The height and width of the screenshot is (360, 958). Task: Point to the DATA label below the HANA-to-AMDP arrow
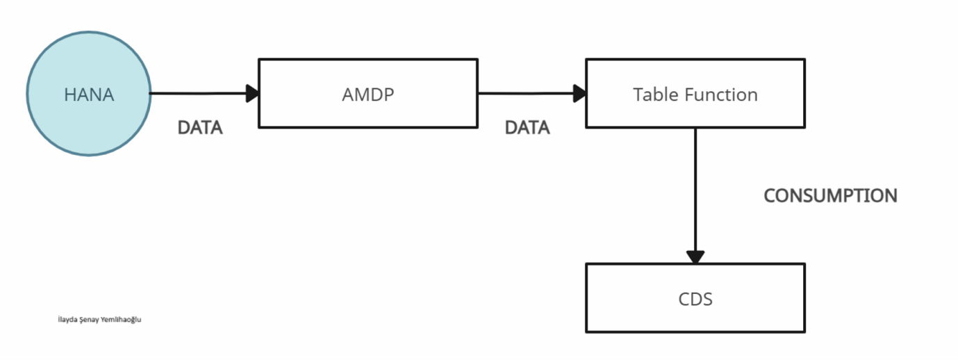click(x=200, y=128)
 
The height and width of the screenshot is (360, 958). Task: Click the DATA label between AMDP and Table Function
click(x=527, y=128)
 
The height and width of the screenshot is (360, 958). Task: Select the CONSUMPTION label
click(x=830, y=196)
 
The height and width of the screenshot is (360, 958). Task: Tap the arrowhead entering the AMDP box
click(x=251, y=93)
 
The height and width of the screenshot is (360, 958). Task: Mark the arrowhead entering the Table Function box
click(x=578, y=93)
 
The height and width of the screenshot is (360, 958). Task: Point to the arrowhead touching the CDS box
click(x=695, y=256)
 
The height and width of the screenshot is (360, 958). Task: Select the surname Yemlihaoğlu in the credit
click(x=122, y=320)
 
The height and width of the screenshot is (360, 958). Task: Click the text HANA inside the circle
click(x=89, y=95)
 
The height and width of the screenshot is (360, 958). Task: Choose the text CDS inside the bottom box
click(x=695, y=299)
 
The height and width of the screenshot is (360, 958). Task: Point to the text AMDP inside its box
click(x=367, y=95)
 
